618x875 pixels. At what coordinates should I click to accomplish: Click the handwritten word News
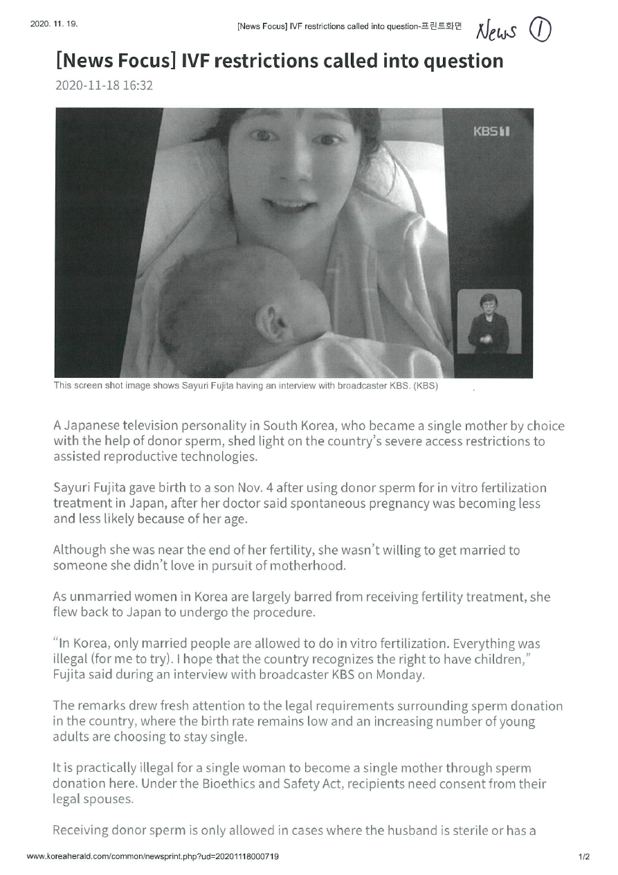coord(498,30)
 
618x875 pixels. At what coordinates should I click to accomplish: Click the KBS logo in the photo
coord(491,131)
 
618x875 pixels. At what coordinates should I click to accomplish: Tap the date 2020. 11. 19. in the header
coord(54,24)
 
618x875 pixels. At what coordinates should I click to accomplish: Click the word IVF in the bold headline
coord(199,62)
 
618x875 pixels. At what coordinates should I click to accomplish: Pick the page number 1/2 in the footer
coord(584,857)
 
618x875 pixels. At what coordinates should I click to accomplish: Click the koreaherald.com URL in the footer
coord(153,857)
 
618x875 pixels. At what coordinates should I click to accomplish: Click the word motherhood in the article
coord(305,566)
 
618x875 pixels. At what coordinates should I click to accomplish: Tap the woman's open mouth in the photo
coord(283,206)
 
